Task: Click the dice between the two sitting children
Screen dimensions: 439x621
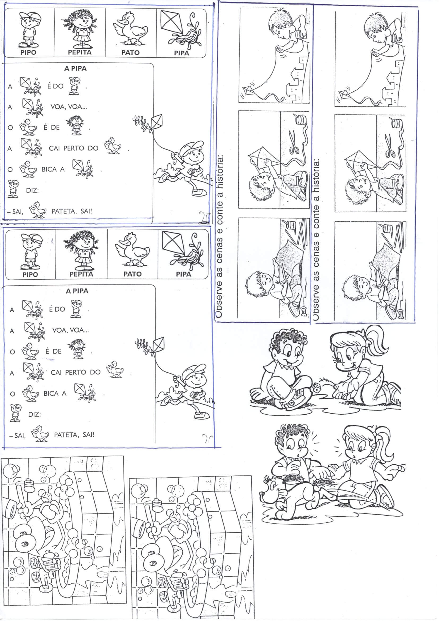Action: coord(316,388)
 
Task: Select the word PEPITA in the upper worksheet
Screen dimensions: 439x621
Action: coord(80,52)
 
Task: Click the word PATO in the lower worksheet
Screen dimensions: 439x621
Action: coord(132,274)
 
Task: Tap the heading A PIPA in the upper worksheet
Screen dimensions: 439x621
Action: coord(75,69)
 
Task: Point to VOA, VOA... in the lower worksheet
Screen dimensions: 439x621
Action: coord(71,330)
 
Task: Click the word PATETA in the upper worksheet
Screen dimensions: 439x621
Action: coord(64,211)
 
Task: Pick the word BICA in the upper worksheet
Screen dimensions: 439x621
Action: coord(49,169)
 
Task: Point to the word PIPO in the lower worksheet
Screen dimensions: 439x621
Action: coord(30,275)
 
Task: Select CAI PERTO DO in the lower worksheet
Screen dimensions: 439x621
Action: coord(75,372)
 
